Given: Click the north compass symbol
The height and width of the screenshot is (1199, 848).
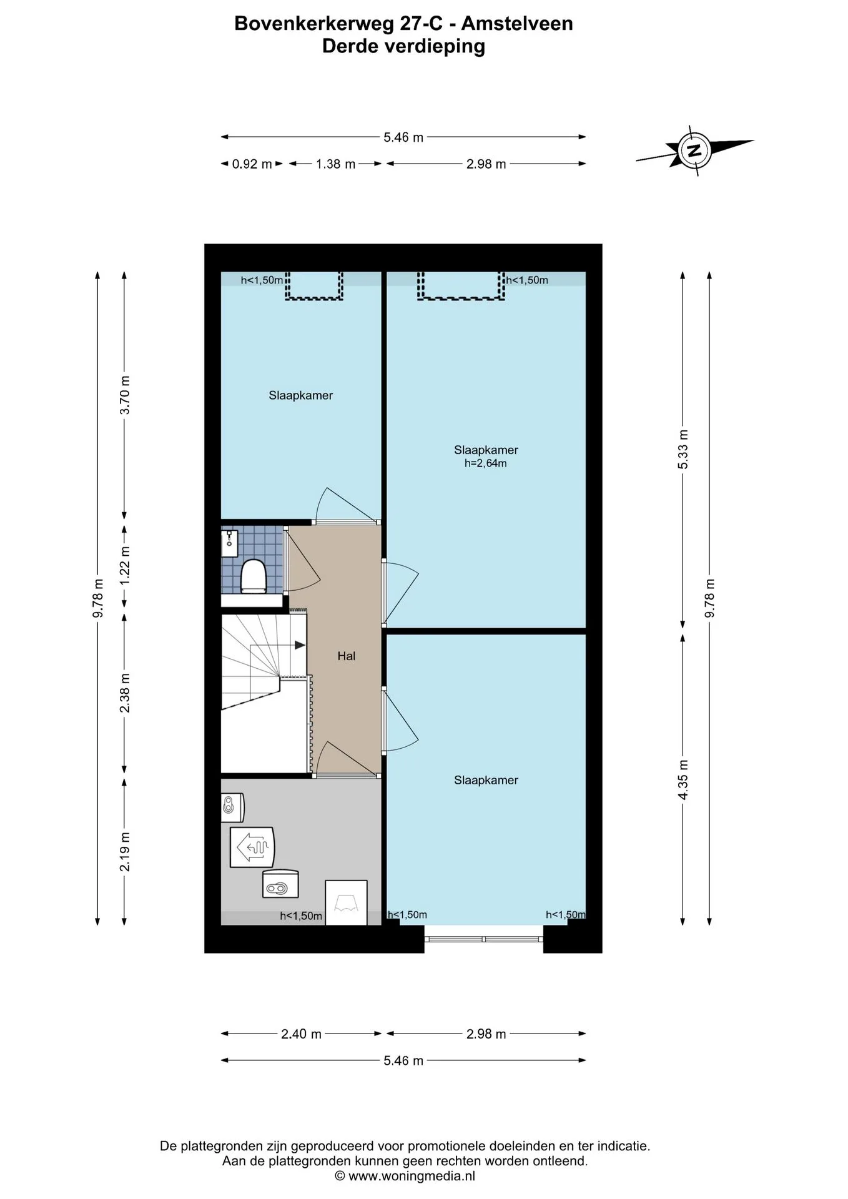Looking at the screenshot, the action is (x=694, y=150).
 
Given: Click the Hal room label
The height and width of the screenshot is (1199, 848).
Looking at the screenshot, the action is (x=346, y=656).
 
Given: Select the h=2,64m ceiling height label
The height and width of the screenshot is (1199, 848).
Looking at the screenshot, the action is (x=485, y=463).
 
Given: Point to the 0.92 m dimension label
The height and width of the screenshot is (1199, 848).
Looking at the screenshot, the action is (x=252, y=164).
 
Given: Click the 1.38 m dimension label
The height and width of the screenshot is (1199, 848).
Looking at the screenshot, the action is (x=335, y=164).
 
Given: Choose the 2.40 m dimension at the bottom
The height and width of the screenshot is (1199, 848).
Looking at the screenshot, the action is (x=301, y=1034).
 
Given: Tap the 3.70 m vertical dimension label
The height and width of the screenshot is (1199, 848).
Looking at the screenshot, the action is (x=125, y=395).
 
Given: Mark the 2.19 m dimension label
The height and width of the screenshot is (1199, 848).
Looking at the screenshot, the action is (x=125, y=852).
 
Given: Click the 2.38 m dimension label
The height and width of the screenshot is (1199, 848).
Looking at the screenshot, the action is (x=125, y=693).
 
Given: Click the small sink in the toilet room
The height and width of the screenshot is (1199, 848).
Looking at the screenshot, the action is (x=229, y=539).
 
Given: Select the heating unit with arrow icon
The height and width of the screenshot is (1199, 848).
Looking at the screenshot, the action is (x=252, y=847).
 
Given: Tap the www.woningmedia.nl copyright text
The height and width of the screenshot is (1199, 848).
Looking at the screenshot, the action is (x=405, y=1176).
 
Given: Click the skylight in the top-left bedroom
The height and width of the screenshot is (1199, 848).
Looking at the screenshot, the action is (x=314, y=285).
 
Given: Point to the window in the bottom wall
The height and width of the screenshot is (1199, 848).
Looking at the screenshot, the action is (x=484, y=939).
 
